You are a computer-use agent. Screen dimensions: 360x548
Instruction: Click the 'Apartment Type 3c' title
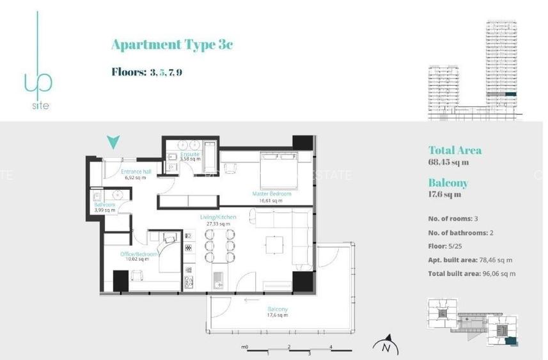(172, 44)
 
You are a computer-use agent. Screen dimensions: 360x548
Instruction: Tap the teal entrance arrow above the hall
(113, 142)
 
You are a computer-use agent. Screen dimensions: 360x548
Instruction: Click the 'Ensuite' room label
(190, 154)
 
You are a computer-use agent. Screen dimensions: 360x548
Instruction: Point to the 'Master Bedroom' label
(272, 194)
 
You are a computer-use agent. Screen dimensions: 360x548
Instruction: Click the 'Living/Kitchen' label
(218, 217)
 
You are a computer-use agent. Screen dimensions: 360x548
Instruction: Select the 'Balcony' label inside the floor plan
(278, 309)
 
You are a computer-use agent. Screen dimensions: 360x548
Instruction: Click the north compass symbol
(386, 346)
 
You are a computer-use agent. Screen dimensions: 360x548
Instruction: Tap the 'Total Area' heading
(455, 150)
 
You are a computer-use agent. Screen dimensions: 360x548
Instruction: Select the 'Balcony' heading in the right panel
(448, 183)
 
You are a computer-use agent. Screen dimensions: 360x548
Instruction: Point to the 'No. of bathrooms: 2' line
(460, 233)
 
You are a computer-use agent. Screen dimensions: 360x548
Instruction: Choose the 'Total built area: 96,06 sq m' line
(471, 274)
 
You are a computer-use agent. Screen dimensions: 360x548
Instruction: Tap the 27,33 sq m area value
(218, 224)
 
